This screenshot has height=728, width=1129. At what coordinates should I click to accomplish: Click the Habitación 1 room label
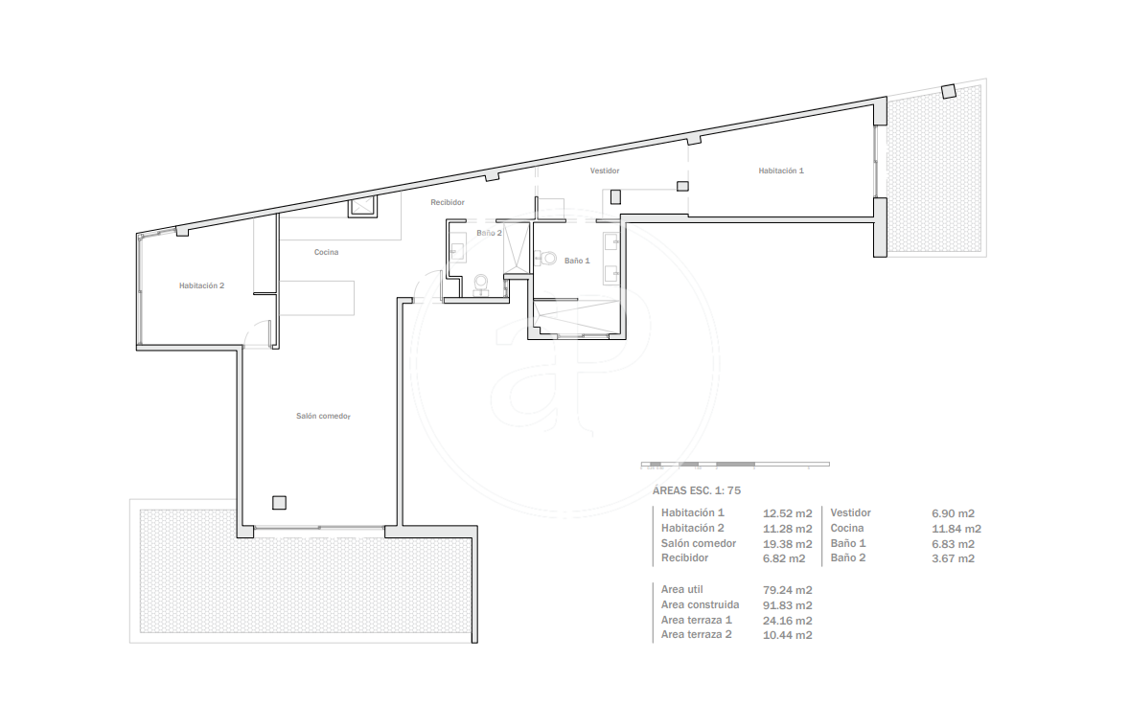[x=780, y=171]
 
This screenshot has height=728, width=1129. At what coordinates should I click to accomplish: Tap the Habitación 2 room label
[x=201, y=285]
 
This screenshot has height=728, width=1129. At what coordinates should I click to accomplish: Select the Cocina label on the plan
[x=326, y=252]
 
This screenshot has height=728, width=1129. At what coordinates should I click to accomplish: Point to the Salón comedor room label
[x=323, y=416]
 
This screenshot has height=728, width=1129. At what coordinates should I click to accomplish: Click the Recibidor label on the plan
[x=448, y=202]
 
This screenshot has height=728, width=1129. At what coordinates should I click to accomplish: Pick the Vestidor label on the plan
[x=604, y=171]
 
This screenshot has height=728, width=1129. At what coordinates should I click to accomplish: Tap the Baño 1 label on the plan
[x=577, y=261]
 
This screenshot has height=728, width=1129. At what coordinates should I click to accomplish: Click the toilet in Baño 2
[x=481, y=284]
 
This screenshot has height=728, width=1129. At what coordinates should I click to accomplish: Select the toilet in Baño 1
[x=546, y=258]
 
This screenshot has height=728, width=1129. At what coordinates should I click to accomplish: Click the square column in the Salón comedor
[x=279, y=503]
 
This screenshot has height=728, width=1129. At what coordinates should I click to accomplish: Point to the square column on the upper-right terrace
[x=949, y=91]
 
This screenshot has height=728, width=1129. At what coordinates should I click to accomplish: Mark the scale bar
[x=735, y=464]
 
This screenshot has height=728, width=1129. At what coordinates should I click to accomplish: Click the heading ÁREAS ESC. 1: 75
[x=696, y=490]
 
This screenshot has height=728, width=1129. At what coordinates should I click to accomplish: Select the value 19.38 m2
[x=787, y=544]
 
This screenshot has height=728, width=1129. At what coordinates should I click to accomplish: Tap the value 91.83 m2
[x=787, y=605]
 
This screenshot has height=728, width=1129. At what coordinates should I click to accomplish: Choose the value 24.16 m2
[x=787, y=620]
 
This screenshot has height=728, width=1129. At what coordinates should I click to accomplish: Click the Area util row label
[x=681, y=589]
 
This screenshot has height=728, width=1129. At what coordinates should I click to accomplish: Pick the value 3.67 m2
[x=953, y=558]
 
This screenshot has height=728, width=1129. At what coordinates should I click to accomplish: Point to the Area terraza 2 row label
[x=696, y=634]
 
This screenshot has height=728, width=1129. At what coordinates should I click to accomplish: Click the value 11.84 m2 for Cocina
[x=956, y=529]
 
